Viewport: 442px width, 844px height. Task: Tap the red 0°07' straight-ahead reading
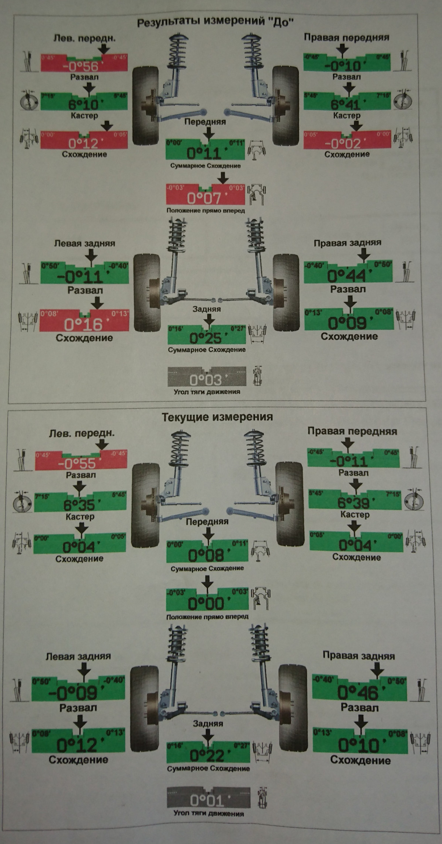coord(205,198)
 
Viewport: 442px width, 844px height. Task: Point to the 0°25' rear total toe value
coord(207,338)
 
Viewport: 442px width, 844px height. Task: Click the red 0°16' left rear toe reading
coord(84,324)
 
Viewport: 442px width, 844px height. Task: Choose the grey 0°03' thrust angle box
coord(206,378)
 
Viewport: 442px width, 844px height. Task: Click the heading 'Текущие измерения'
coord(217,417)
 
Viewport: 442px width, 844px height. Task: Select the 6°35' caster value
coord(80,504)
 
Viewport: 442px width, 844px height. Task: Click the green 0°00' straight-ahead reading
coord(207,603)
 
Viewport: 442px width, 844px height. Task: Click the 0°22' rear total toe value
coord(208,755)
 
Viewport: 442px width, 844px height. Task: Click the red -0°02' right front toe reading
coord(347,143)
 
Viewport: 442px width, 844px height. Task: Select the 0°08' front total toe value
coord(207,555)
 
